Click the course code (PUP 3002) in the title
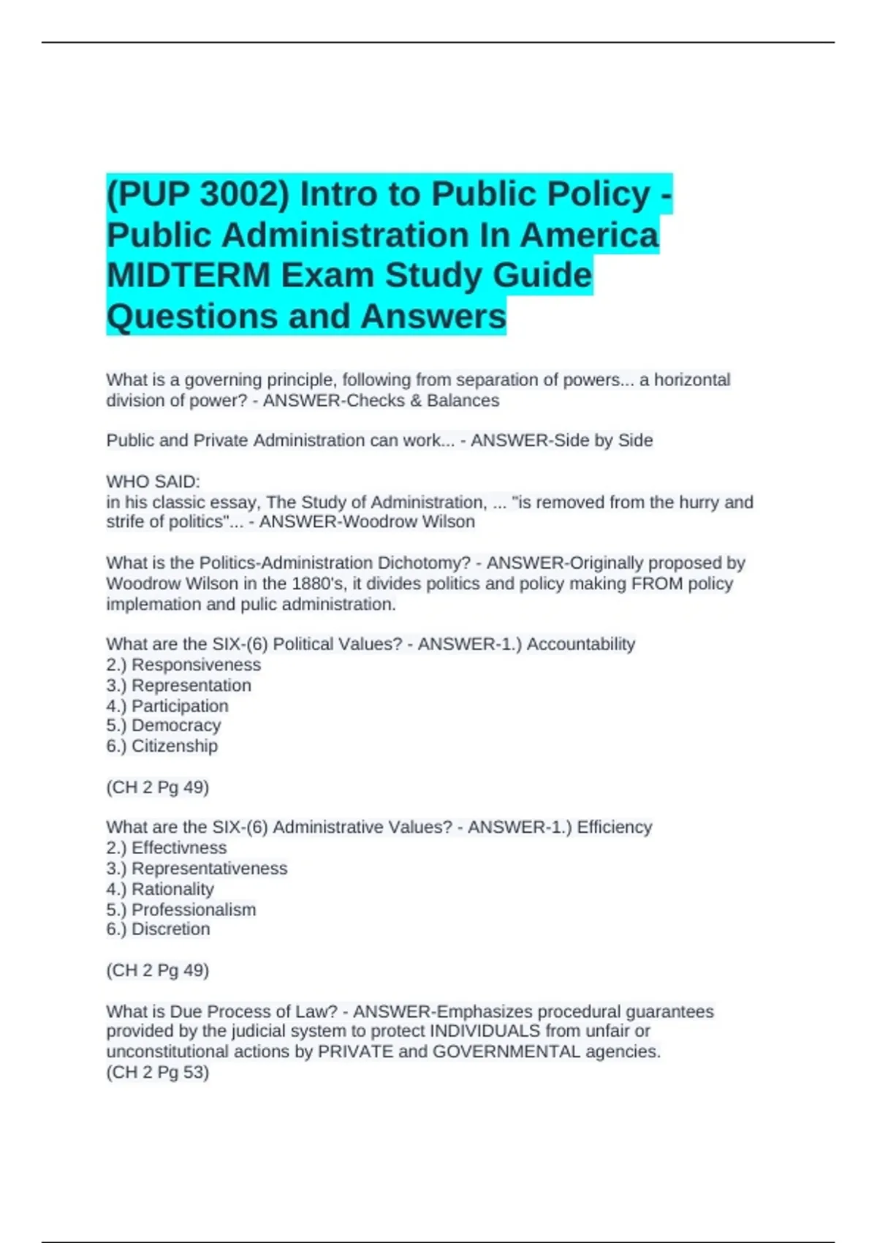pyautogui.click(x=198, y=194)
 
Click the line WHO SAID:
pyautogui.click(x=153, y=482)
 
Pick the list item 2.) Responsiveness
pyautogui.click(x=183, y=665)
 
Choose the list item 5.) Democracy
pyautogui.click(x=163, y=725)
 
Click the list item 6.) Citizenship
pyautogui.click(x=162, y=746)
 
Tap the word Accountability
pyautogui.click(x=580, y=644)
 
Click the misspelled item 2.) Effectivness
pyautogui.click(x=167, y=847)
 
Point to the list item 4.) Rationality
pyautogui.click(x=160, y=889)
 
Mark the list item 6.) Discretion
pyautogui.click(x=158, y=929)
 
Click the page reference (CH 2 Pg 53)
pyautogui.click(x=158, y=1073)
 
